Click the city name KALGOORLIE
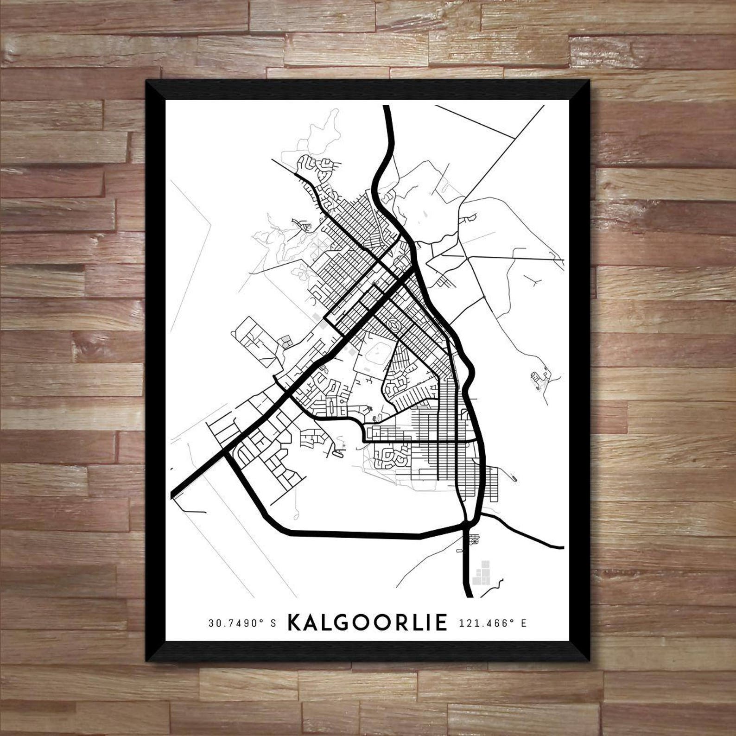[368, 622]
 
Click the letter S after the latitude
[273, 623]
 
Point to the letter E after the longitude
[523, 623]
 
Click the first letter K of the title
[295, 622]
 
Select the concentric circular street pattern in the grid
[393, 324]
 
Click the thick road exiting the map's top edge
[386, 109]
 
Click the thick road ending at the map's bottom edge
[468, 593]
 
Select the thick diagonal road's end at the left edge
[174, 495]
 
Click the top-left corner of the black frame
[147, 82]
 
